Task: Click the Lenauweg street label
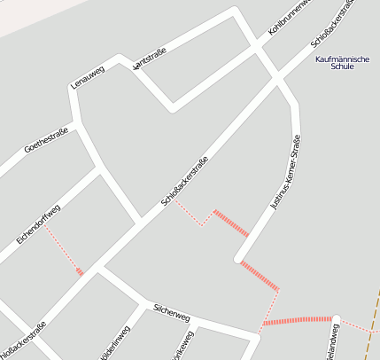[88, 78]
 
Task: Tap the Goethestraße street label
[47, 138]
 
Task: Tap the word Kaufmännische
[342, 59]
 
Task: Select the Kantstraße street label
[149, 59]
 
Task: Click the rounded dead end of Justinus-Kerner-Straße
[238, 259]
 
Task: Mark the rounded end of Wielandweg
[336, 317]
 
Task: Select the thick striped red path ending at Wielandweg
[297, 320]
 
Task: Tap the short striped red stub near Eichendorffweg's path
[80, 271]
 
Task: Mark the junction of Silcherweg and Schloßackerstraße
[98, 271]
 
